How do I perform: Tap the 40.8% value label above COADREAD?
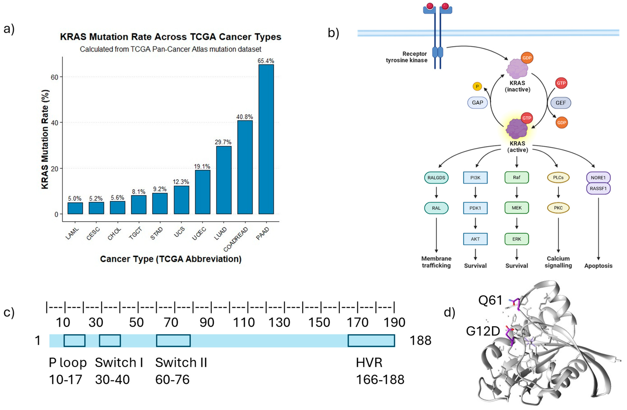tap(244, 117)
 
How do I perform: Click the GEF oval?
tap(561, 103)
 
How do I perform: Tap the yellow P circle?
tap(477, 86)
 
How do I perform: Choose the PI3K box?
tap(475, 178)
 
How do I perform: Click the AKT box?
tap(475, 239)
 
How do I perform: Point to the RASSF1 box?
tap(598, 188)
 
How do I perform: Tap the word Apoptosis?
tap(598, 266)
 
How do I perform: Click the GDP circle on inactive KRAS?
tap(527, 58)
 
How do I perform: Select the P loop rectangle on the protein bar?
tap(74, 340)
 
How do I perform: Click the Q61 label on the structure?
tap(490, 300)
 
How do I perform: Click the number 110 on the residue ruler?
tap(244, 322)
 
